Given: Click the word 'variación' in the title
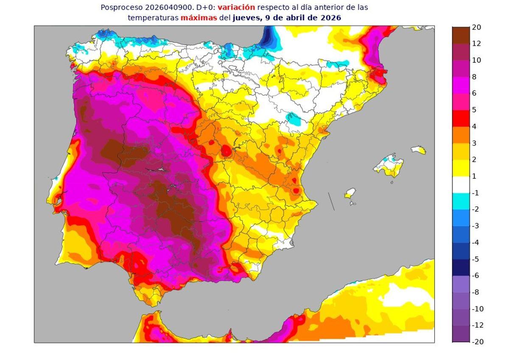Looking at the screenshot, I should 236,7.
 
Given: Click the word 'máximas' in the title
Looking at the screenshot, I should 196,18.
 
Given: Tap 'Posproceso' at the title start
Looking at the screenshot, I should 119,7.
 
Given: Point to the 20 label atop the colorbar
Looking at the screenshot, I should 476,27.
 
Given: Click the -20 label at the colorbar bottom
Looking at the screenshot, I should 478,342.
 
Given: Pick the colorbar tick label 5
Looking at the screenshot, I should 474,110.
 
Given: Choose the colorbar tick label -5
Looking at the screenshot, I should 475,259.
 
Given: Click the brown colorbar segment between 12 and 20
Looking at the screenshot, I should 461,35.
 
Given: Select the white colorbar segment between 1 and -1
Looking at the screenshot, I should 461,185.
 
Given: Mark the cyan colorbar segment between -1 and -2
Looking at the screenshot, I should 461,201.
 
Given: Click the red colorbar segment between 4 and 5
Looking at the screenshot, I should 461,118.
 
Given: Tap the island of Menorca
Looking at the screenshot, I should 418,149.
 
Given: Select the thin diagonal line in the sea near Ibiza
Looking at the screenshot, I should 331,201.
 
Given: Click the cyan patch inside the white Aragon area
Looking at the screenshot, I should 293,118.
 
